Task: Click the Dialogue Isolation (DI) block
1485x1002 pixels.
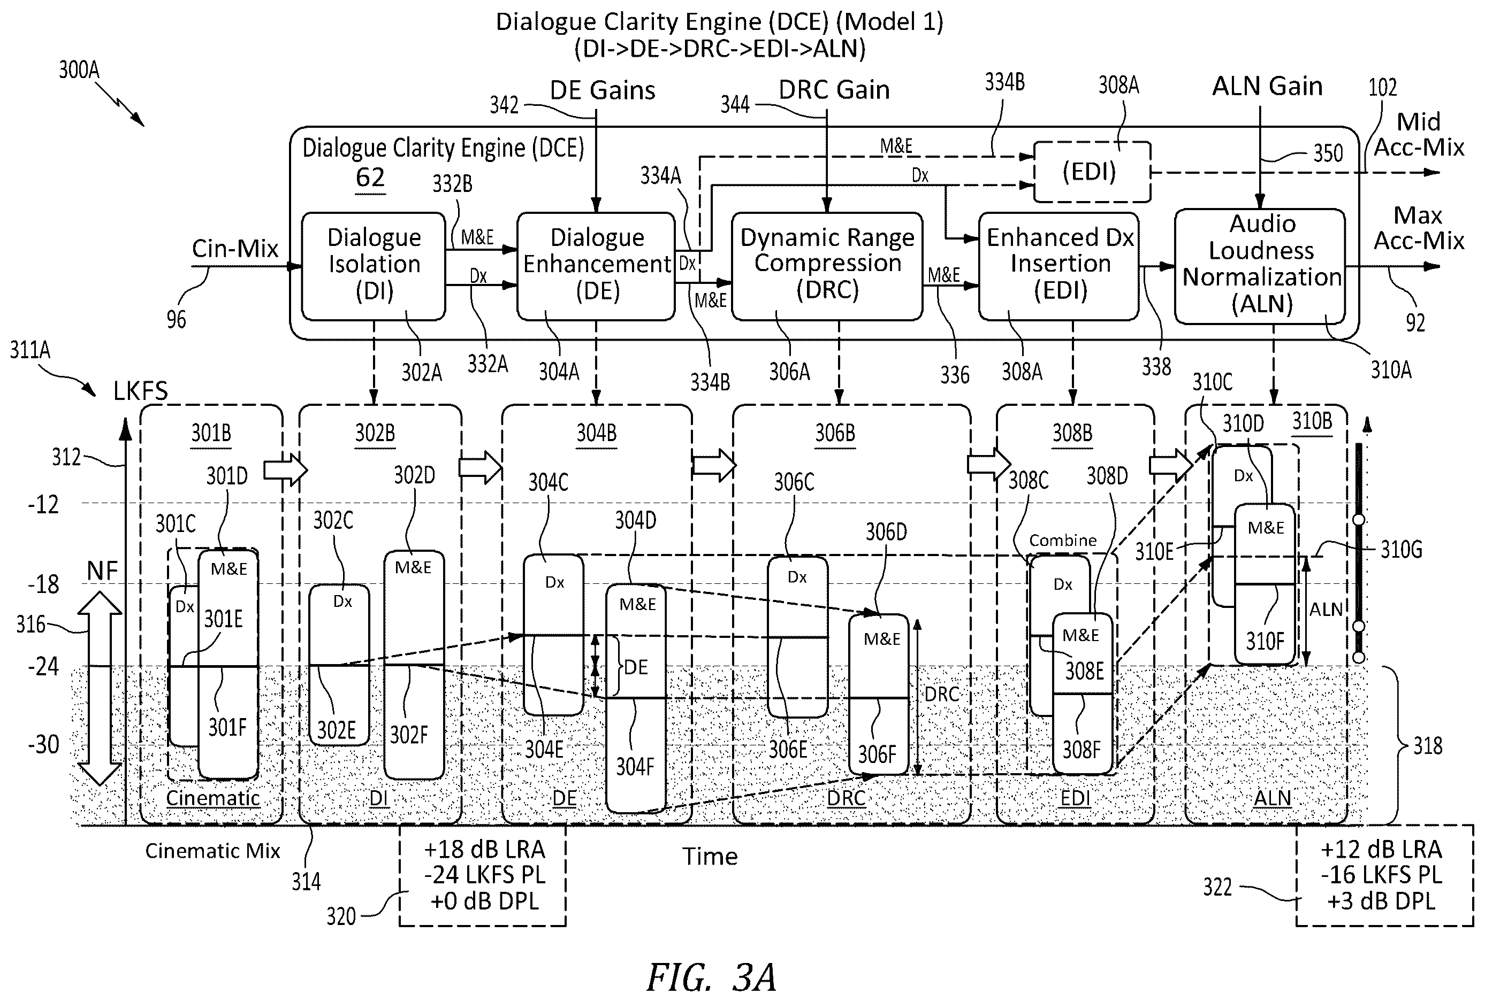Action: click(373, 266)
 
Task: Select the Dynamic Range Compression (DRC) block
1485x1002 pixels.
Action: click(827, 266)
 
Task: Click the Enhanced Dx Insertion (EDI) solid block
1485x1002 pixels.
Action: click(1059, 266)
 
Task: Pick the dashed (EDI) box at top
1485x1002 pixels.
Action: click(1092, 172)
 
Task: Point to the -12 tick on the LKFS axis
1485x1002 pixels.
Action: click(43, 505)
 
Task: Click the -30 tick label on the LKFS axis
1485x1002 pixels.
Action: click(43, 745)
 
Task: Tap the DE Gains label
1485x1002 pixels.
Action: click(603, 90)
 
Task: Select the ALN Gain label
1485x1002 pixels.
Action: click(1267, 86)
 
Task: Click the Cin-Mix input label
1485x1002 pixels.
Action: click(235, 249)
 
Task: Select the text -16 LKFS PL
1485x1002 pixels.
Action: click(1382, 875)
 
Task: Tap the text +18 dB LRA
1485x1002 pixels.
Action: click(484, 850)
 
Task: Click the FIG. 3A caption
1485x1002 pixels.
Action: click(711, 977)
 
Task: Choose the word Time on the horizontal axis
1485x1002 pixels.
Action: click(710, 857)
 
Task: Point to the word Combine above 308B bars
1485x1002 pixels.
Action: click(1062, 540)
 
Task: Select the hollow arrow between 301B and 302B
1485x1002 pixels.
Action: click(286, 470)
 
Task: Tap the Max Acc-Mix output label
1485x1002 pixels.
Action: click(1419, 228)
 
